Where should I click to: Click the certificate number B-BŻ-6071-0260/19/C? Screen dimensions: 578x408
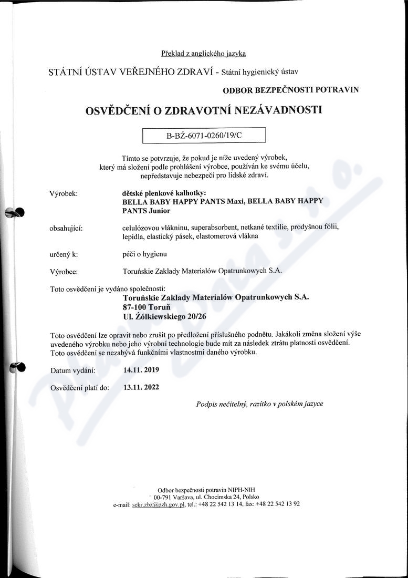point(204,135)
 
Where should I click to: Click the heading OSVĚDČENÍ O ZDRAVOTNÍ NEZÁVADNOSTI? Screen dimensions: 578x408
point(203,110)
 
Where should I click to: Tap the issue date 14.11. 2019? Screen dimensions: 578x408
point(141,369)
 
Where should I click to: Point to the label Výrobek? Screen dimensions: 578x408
point(63,193)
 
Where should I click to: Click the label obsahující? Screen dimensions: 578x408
point(66,228)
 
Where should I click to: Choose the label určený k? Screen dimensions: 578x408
point(64,254)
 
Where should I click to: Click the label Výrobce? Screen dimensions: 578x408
point(64,272)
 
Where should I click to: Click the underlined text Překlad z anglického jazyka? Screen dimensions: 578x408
point(203,53)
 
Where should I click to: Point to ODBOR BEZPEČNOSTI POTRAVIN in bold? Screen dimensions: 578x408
point(291,90)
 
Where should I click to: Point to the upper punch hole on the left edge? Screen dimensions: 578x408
point(16,212)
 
